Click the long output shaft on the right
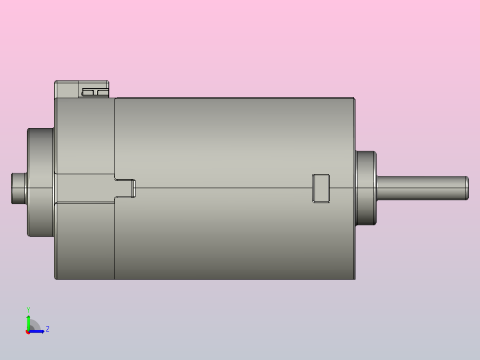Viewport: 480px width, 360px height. (420, 188)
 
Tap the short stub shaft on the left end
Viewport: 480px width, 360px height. (18, 188)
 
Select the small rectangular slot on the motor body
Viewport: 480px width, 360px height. (321, 187)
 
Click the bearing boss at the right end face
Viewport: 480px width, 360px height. (366, 188)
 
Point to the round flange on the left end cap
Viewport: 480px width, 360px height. (40, 182)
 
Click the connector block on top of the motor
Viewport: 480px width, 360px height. (81, 89)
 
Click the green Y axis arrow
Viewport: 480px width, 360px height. (28, 320)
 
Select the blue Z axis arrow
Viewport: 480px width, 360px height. (38, 330)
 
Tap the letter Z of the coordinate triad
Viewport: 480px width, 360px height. (47, 329)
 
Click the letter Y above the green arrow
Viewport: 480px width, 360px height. (28, 311)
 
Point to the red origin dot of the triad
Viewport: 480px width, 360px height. (28, 330)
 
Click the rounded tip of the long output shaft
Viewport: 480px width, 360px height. (465, 188)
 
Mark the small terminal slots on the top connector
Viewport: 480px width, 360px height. (93, 92)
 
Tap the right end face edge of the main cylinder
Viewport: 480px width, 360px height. (355, 231)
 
